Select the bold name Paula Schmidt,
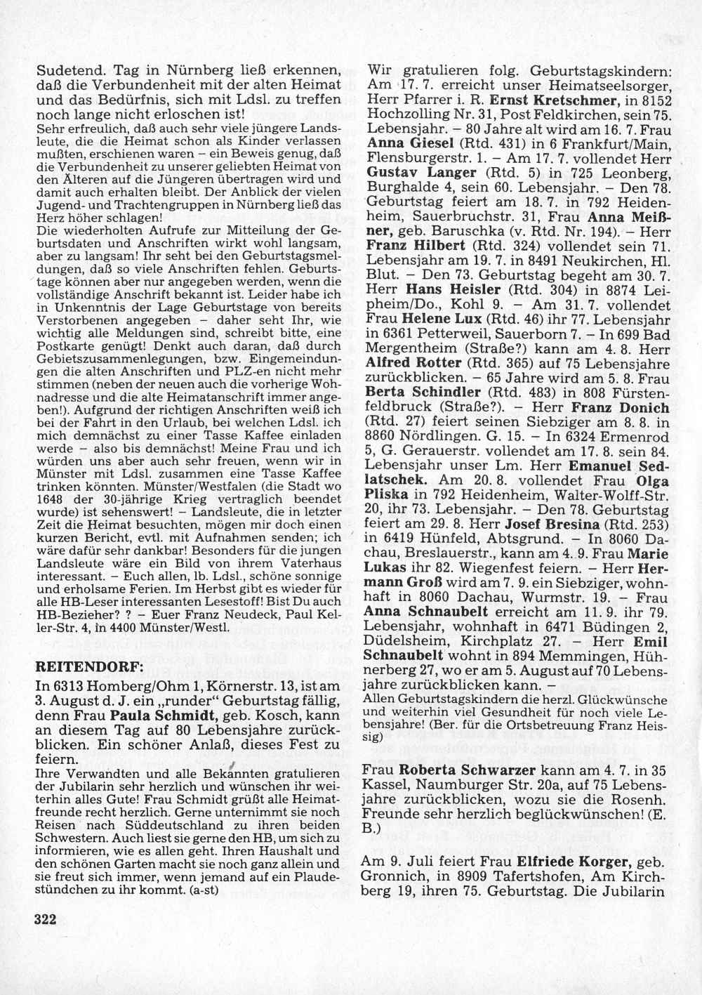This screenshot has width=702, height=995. (168, 716)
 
